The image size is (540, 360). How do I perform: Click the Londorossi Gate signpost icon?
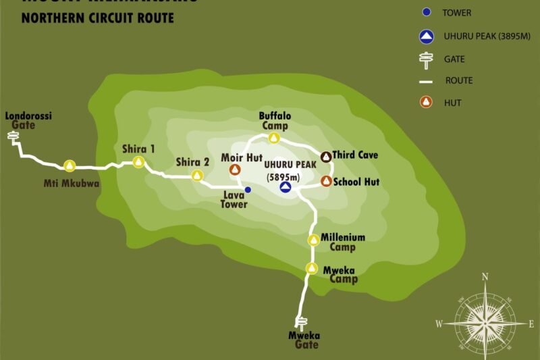pyautogui.click(x=13, y=137)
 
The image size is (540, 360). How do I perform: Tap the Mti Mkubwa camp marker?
pyautogui.click(x=70, y=165)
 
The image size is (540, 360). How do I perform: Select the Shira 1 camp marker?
pyautogui.click(x=138, y=161)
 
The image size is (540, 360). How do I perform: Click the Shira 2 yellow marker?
pyautogui.click(x=197, y=176)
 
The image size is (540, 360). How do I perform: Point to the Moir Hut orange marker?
pyautogui.click(x=236, y=170)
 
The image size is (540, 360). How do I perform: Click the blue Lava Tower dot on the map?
pyautogui.click(x=248, y=190)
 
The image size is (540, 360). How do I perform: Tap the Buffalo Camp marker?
pyautogui.click(x=274, y=138)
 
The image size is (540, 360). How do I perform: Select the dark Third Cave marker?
pyautogui.click(x=325, y=156)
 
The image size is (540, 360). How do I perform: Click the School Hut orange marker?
pyautogui.click(x=326, y=181)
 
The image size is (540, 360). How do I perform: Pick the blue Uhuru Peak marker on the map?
pyautogui.click(x=286, y=188)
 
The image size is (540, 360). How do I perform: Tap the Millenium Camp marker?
pyautogui.click(x=313, y=240)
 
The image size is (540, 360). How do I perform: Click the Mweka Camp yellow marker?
pyautogui.click(x=312, y=268)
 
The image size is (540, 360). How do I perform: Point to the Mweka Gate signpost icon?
pyautogui.click(x=302, y=323)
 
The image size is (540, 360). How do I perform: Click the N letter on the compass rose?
pyautogui.click(x=485, y=276)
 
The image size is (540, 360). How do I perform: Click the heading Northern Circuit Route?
pyautogui.click(x=98, y=18)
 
